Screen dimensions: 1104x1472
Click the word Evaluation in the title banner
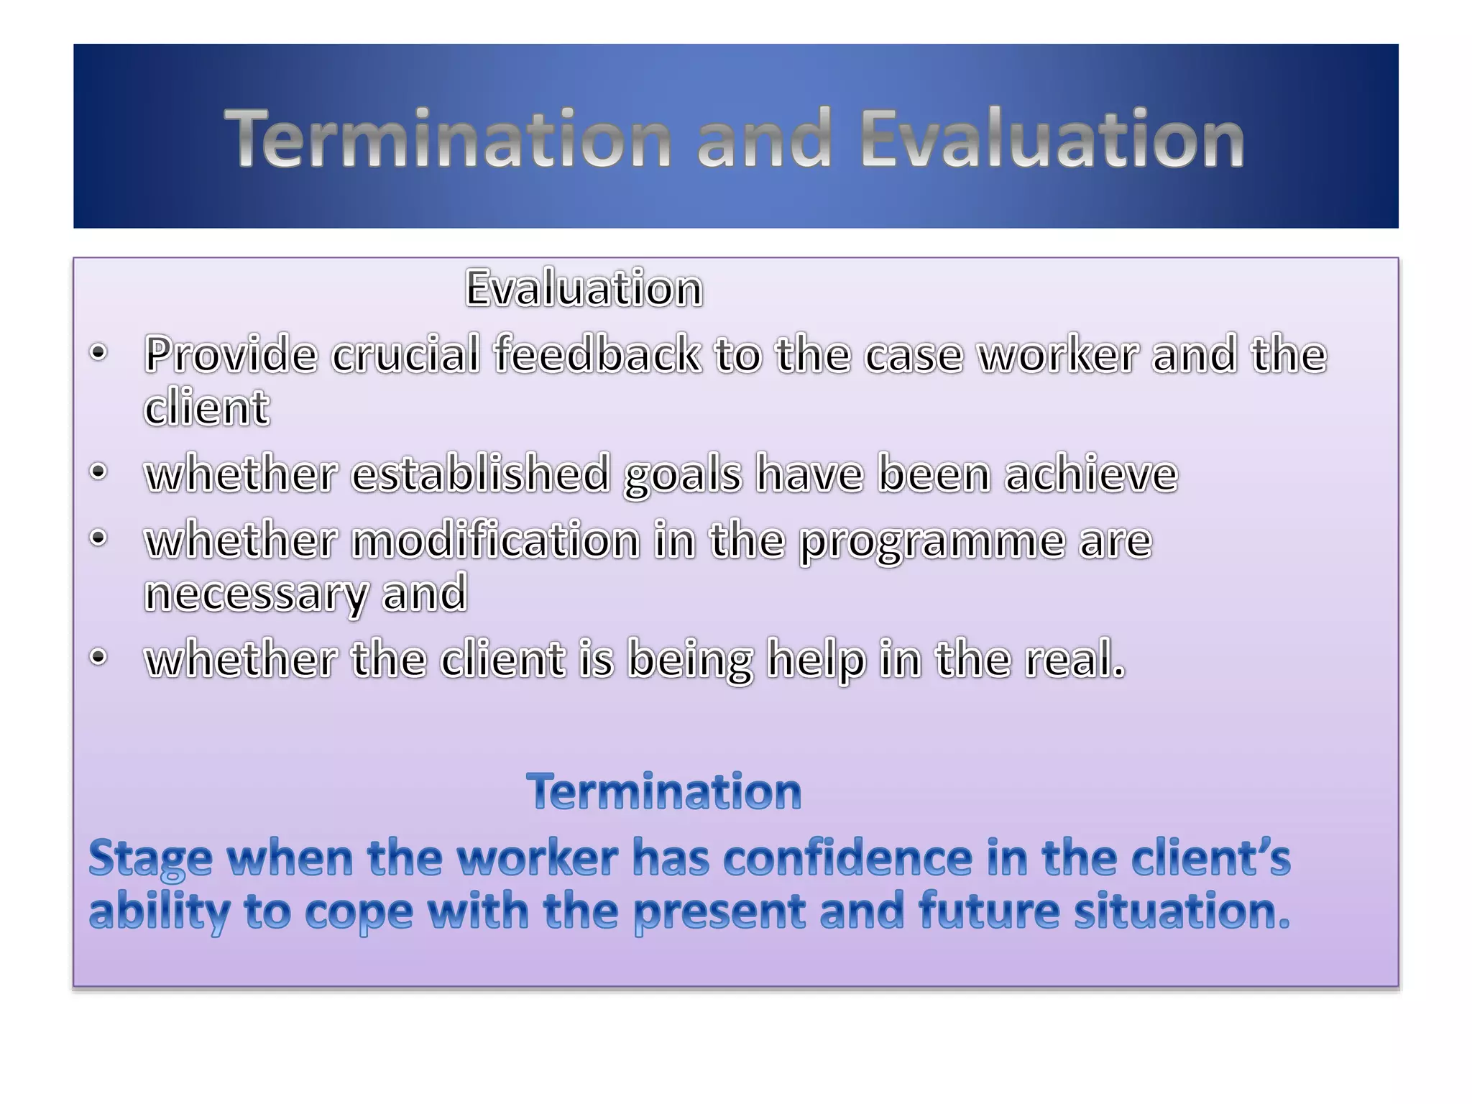[1052, 139]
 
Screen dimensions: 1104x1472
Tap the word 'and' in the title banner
[764, 139]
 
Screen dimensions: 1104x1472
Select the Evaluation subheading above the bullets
[584, 289]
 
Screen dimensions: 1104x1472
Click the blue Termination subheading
[663, 792]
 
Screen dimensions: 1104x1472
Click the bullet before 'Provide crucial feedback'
[98, 353]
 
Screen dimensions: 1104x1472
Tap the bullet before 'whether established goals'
[98, 472]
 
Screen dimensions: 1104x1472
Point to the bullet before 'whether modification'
[98, 538]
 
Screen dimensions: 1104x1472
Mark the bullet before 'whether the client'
[98, 657]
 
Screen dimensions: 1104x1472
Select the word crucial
[405, 354]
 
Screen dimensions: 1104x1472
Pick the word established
[481, 474]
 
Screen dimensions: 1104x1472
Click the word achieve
[1091, 474]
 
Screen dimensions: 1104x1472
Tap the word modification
[495, 540]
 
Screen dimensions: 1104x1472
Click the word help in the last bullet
[816, 660]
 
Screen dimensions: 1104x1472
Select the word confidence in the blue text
[847, 858]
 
